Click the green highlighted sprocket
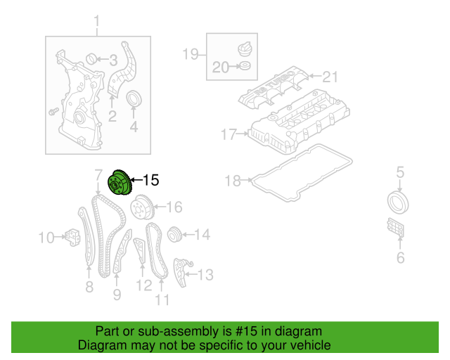pyautogui.click(x=120, y=183)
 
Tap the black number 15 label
pyautogui.click(x=150, y=180)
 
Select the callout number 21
pyautogui.click(x=330, y=77)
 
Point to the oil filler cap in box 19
pyautogui.click(x=245, y=49)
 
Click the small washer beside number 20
pyautogui.click(x=245, y=65)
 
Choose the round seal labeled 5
pyautogui.click(x=398, y=202)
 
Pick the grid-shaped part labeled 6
pyautogui.click(x=395, y=227)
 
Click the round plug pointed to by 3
pyautogui.click(x=91, y=59)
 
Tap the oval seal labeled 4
pyautogui.click(x=134, y=98)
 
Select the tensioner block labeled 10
pyautogui.click(x=72, y=238)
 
